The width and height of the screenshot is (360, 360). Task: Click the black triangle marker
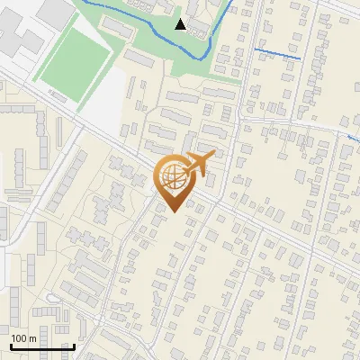[x=181, y=24]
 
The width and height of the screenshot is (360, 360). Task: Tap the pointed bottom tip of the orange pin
[x=172, y=212]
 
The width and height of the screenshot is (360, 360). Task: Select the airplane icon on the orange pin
[x=198, y=164]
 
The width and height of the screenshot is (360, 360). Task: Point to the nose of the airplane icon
[x=215, y=157]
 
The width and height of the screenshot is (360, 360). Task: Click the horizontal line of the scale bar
[x=41, y=346]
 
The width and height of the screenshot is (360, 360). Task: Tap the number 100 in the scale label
[x=19, y=338]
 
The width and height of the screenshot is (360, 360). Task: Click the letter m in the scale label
[x=31, y=338]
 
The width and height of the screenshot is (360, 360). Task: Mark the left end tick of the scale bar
[x=10, y=345]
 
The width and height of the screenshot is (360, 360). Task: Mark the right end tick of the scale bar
[x=73, y=345]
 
